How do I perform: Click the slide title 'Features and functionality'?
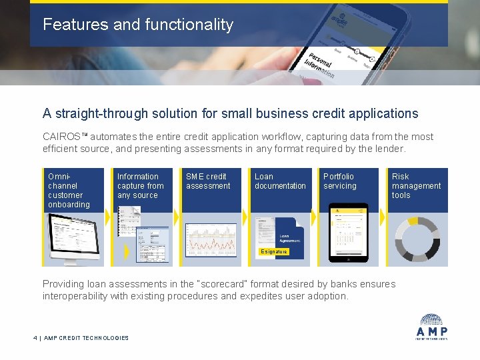pyautogui.click(x=138, y=25)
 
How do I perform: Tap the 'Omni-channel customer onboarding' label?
pyautogui.click(x=69, y=191)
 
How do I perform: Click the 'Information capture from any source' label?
pyautogui.click(x=140, y=186)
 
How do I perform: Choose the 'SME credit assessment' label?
pyautogui.click(x=208, y=181)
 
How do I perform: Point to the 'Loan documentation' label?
pyautogui.click(x=280, y=181)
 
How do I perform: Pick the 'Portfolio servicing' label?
pyautogui.click(x=340, y=181)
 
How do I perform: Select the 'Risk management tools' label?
pyautogui.click(x=416, y=186)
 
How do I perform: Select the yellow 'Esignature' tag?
pyautogui.click(x=274, y=251)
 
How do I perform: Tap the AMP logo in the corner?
pyautogui.click(x=433, y=326)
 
